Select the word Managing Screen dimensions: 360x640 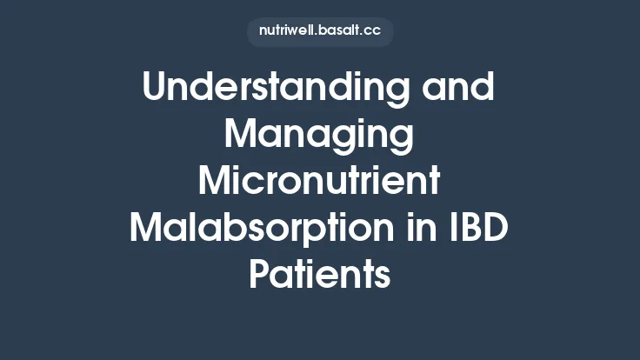tap(319, 137)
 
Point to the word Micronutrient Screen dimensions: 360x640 tap(319, 182)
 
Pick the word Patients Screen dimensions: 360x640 tap(319, 275)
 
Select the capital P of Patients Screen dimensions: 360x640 tap(260, 275)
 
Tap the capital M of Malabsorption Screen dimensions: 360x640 tap(148, 229)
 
